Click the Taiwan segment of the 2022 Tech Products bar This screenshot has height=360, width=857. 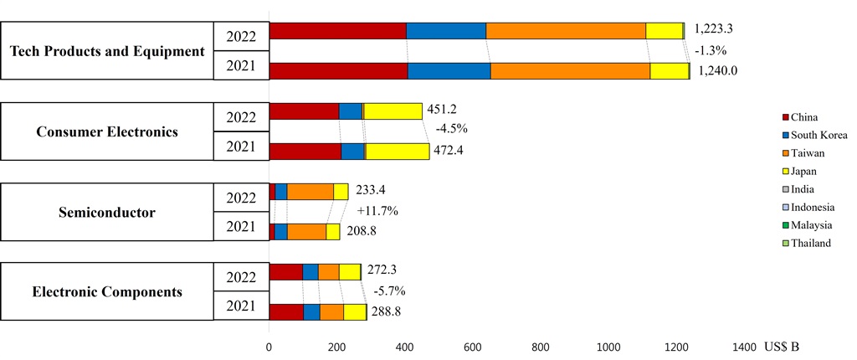coord(565,31)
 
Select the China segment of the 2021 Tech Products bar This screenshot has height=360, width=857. coord(338,71)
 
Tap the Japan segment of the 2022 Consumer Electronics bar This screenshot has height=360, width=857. coord(393,111)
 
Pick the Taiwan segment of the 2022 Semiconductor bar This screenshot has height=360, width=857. coord(310,192)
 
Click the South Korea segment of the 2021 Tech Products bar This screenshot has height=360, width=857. coord(449,71)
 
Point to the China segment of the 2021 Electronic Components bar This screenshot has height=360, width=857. coord(286,312)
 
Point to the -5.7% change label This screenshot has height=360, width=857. coord(388,291)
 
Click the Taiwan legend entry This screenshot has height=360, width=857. coord(807,152)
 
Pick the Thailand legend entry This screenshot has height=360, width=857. coord(811,244)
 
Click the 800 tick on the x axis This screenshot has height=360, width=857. coord(540,346)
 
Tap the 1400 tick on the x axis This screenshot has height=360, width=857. coord(743,346)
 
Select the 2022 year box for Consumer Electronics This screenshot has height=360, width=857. coord(241,117)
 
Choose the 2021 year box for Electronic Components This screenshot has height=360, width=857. coord(241,306)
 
